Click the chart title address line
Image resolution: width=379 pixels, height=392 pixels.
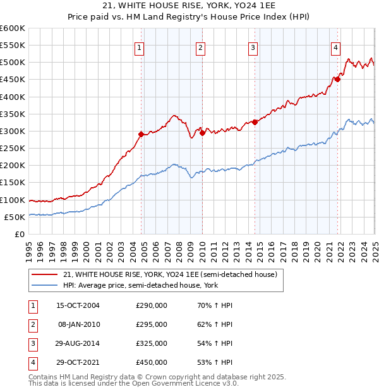tap(189, 7)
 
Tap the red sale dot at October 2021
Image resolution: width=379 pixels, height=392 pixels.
tap(338, 79)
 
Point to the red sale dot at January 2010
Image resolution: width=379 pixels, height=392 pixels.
tap(202, 133)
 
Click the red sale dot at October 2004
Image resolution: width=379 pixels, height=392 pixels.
tap(141, 134)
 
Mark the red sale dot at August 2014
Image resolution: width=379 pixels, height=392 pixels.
tap(255, 122)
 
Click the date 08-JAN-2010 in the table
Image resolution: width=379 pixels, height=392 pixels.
tap(79, 324)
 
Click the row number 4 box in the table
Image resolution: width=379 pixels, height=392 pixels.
tap(32, 362)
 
